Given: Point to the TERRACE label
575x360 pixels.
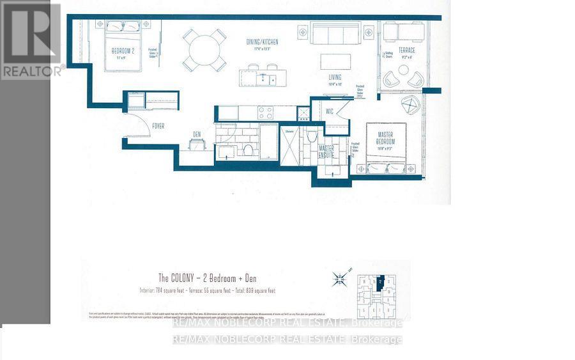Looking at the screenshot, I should coord(406,51).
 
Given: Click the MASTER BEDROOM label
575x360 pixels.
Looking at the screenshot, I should coord(385,138).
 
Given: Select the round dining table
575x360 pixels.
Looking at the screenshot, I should coord(204,49).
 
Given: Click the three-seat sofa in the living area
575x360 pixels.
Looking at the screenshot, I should coord(336,33).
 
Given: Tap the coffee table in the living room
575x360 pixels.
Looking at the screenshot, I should coord(336,61).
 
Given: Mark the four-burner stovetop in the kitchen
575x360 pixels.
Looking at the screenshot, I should coord(265,113).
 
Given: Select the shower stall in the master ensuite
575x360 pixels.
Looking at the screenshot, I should coord(289,145).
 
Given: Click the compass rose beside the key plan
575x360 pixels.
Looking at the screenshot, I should coord(340,278).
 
